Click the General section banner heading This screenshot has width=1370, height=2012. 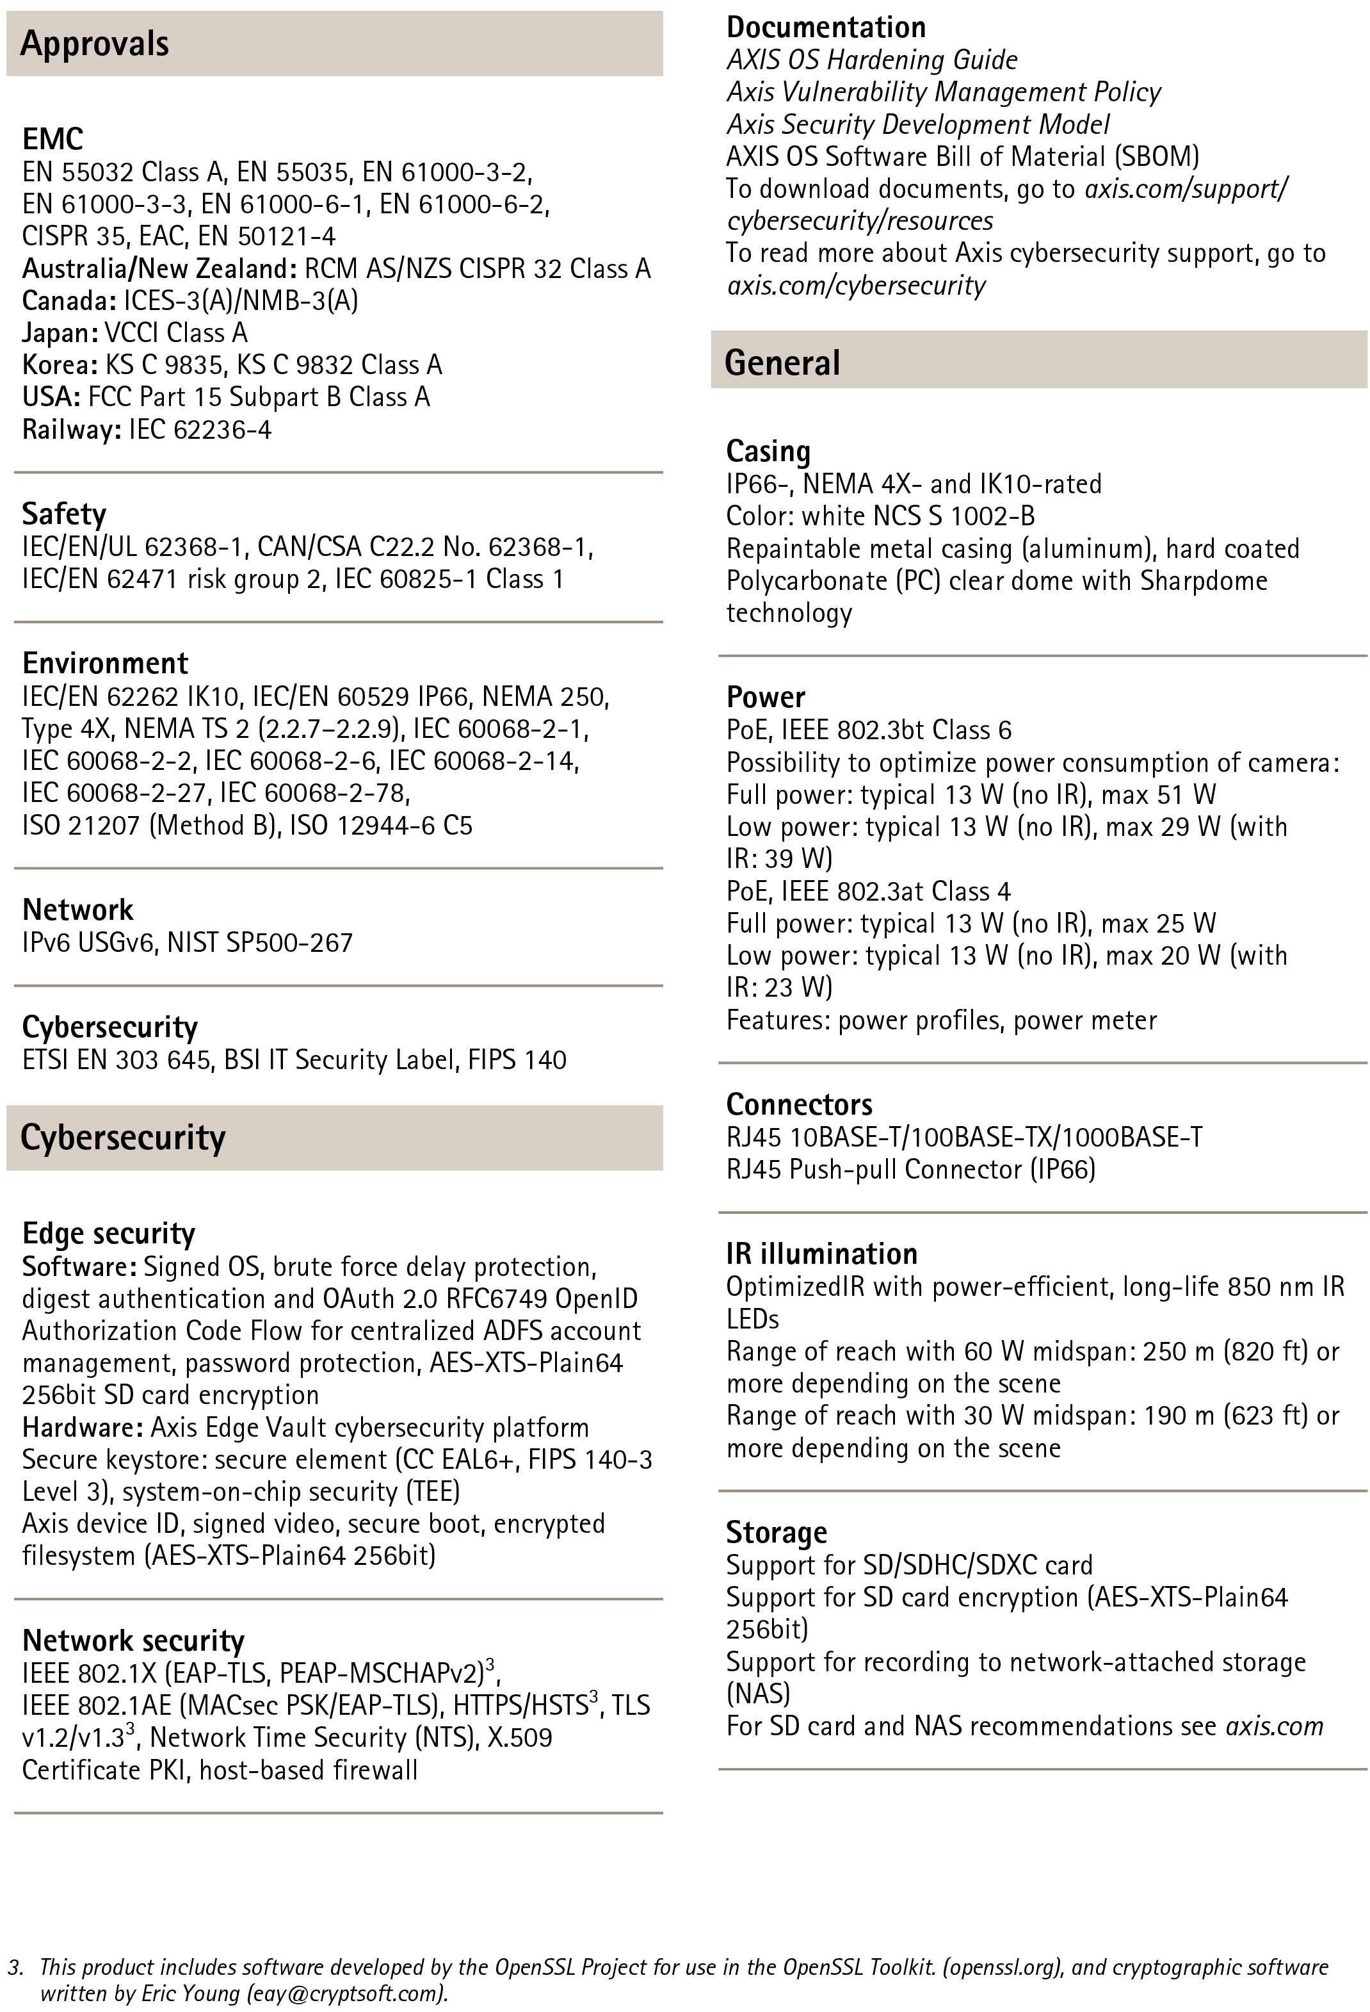[782, 363]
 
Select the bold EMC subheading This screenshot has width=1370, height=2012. [52, 138]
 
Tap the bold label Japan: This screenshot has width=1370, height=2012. [60, 332]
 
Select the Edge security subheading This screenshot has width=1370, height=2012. [108, 1233]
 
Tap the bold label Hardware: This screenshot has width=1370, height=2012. [82, 1427]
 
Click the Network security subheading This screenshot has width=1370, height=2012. [133, 1640]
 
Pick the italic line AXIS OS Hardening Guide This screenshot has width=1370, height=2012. [871, 60]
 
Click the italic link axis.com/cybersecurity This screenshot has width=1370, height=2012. [856, 285]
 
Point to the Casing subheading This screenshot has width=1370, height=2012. [768, 451]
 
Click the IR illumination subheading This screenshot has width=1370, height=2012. [821, 1254]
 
